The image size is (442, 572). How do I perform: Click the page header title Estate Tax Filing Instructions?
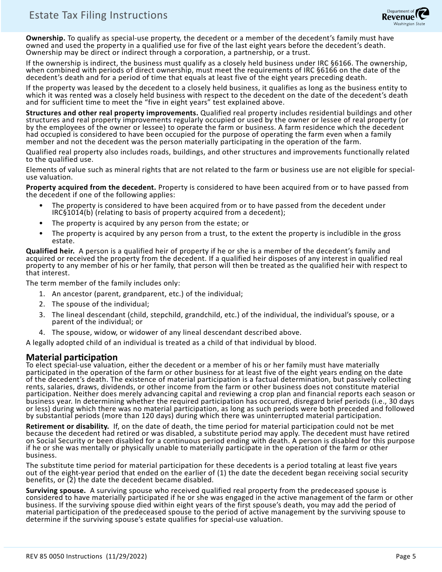[x=98, y=15]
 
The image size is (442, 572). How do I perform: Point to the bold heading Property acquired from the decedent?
[x=91, y=187]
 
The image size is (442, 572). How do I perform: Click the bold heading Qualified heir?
[x=50, y=251]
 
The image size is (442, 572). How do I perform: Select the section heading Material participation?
[x=72, y=357]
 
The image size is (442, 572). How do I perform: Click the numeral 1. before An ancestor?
[x=42, y=294]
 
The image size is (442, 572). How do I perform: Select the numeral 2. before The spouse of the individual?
[x=42, y=304]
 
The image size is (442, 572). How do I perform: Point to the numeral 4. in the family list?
[x=42, y=332]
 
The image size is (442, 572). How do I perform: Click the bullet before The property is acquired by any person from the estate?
[x=42, y=223]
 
